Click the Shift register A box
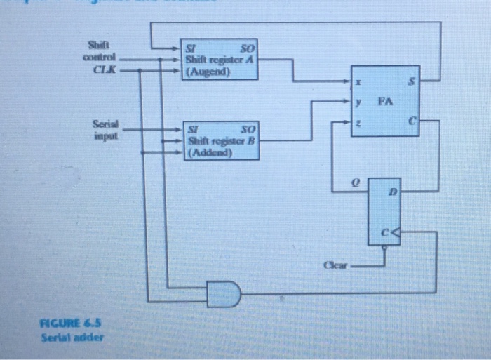click(x=219, y=59)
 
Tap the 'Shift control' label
click(x=102, y=52)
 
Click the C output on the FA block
click(x=412, y=121)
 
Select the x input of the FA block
click(x=360, y=83)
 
